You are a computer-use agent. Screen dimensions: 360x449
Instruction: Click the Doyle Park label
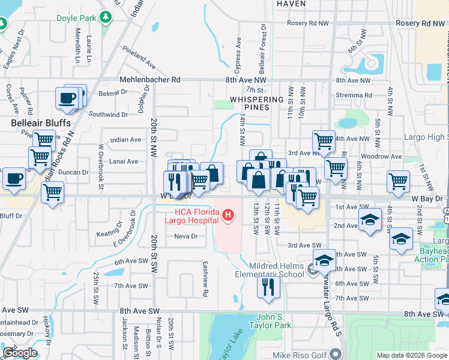tap(76, 18)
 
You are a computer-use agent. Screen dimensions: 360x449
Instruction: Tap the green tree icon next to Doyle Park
tap(106, 17)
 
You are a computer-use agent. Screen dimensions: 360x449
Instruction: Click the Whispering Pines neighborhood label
tap(256, 103)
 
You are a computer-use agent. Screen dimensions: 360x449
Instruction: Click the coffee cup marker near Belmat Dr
tap(67, 97)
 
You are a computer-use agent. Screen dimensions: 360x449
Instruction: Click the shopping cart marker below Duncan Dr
tap(52, 193)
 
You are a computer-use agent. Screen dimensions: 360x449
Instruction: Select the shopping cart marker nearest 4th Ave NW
tap(324, 141)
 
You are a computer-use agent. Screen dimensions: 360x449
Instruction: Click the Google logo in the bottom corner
tap(20, 353)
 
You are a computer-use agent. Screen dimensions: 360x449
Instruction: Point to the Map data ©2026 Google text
tap(411, 355)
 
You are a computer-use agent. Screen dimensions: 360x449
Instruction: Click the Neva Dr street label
tap(185, 236)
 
